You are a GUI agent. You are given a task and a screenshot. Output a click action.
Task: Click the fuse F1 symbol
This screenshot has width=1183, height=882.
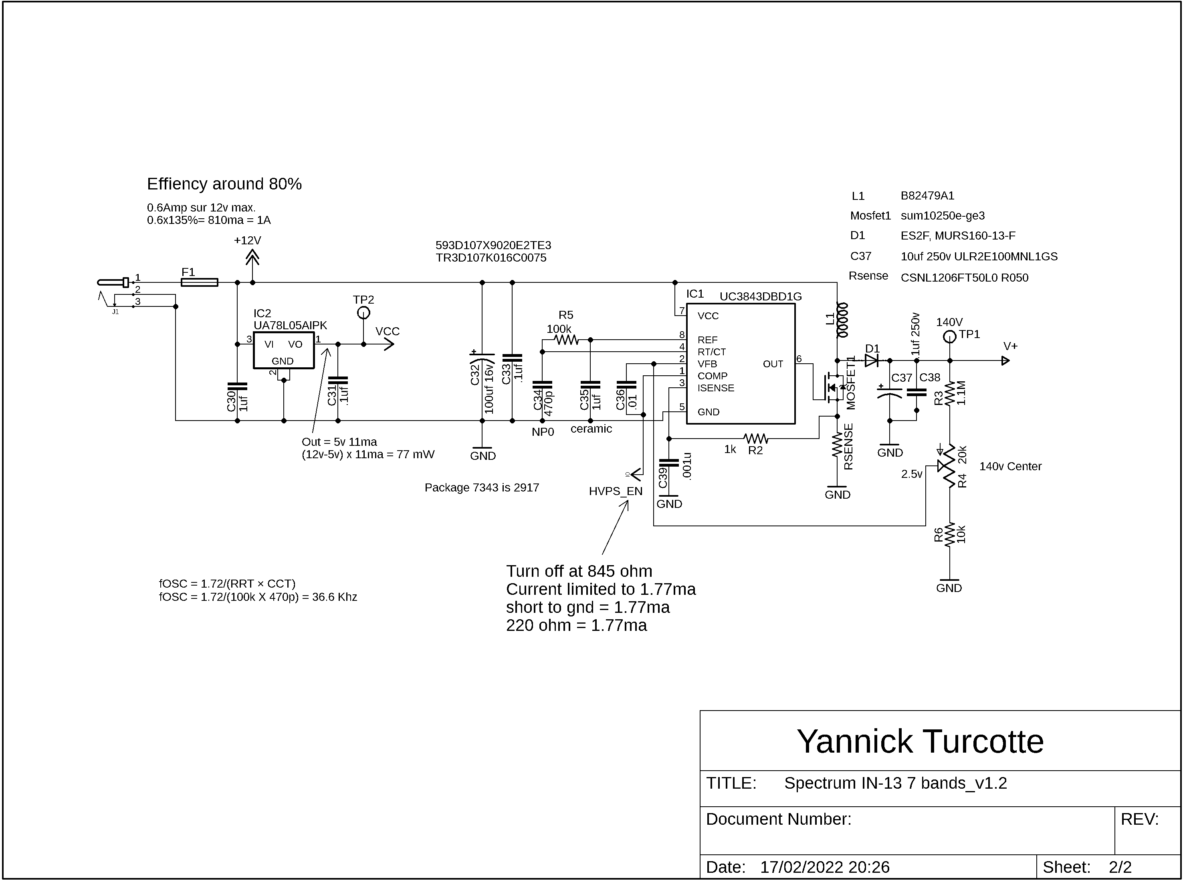pyautogui.click(x=199, y=282)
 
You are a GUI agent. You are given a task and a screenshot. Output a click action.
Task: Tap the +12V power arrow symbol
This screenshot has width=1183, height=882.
pyautogui.click(x=252, y=258)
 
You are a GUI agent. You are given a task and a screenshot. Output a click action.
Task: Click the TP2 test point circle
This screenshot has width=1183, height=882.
pyautogui.click(x=363, y=313)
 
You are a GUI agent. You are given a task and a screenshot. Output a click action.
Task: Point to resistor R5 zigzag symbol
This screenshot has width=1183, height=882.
pyautogui.click(x=566, y=340)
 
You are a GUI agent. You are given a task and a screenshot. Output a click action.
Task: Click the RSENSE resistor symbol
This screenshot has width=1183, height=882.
pyautogui.click(x=837, y=446)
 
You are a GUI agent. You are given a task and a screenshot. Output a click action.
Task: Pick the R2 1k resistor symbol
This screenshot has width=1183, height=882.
pyautogui.click(x=756, y=439)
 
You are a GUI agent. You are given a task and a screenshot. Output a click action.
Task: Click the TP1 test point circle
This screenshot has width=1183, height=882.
pyautogui.click(x=950, y=337)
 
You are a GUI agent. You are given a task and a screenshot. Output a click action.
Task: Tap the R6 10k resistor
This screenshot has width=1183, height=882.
pyautogui.click(x=950, y=535)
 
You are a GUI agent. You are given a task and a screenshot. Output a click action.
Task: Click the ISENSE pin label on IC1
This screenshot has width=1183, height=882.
pyautogui.click(x=716, y=388)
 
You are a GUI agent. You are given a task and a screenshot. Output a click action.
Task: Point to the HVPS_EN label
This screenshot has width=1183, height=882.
pyautogui.click(x=615, y=491)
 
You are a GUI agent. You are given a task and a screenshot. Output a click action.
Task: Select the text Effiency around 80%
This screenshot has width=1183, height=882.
pyautogui.click(x=224, y=184)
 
